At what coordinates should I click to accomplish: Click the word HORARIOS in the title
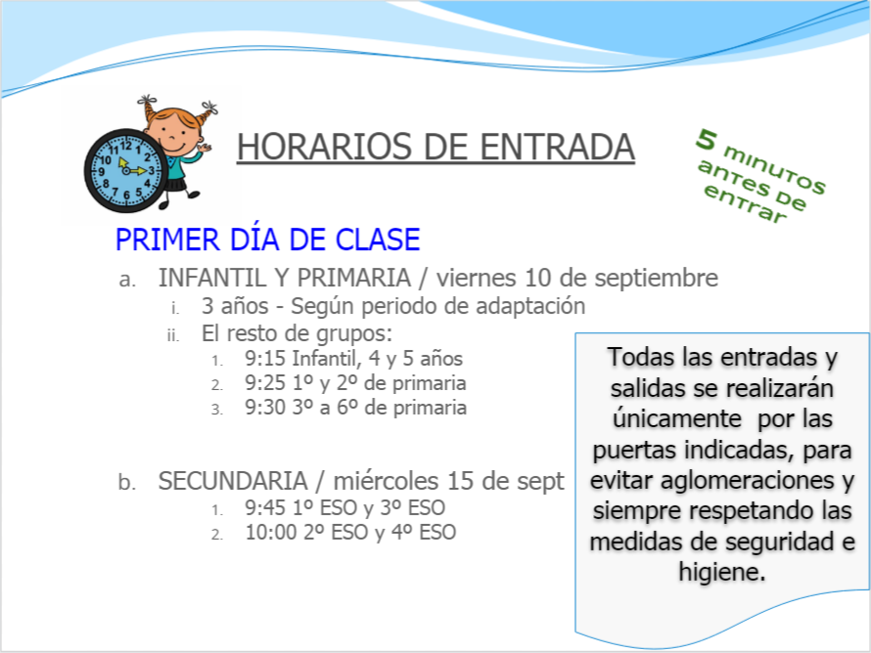(324, 147)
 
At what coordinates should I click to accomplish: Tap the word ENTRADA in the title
(557, 147)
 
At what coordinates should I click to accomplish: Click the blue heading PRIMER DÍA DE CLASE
(267, 239)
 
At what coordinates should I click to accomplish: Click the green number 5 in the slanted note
(707, 139)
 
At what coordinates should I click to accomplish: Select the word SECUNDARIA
(233, 481)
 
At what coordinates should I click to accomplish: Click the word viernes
(476, 278)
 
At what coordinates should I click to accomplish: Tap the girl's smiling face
(174, 134)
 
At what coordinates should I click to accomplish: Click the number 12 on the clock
(126, 146)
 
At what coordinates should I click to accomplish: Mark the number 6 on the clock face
(126, 196)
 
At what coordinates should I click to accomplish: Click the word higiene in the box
(721, 572)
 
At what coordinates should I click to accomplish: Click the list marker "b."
(127, 482)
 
